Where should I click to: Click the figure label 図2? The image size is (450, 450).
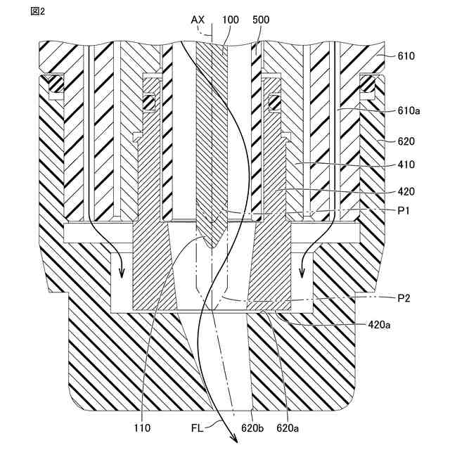click(37, 13)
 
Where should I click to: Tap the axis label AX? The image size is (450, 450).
click(198, 20)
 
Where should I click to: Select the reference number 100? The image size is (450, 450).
click(230, 20)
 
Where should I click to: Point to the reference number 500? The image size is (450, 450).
click(261, 20)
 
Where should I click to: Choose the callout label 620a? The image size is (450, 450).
click(287, 426)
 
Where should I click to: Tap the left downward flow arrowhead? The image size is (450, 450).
click(121, 275)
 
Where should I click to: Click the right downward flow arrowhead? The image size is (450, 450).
click(304, 275)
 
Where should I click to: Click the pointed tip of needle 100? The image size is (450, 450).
click(212, 247)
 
